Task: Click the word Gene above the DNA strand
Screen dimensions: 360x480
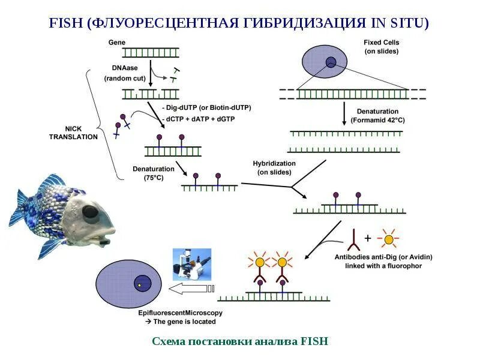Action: (x=116, y=42)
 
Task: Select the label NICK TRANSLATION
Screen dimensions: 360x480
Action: (x=82, y=133)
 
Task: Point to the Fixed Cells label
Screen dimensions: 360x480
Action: (x=381, y=46)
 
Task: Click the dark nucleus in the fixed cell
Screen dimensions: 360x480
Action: (x=331, y=61)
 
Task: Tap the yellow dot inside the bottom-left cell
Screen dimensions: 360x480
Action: (x=139, y=286)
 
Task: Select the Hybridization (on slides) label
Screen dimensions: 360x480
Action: (x=274, y=167)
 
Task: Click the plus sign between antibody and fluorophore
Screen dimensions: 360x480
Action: (x=367, y=239)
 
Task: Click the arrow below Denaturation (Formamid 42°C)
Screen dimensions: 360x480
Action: (x=344, y=113)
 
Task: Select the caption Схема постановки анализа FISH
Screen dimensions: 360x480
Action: (x=240, y=341)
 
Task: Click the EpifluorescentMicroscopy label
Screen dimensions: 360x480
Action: (x=180, y=313)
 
